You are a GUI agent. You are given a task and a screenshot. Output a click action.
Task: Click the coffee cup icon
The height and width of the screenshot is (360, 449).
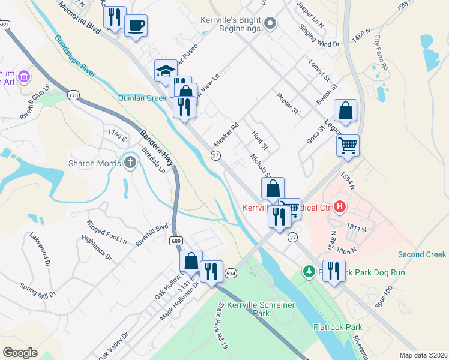click(x=136, y=26)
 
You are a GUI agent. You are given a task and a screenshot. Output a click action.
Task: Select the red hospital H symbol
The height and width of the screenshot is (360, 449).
click(x=340, y=208)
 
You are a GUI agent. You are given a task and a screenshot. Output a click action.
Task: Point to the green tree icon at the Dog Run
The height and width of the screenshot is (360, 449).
click(x=309, y=272)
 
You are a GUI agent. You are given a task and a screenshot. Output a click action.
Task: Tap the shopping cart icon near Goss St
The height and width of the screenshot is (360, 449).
click(x=348, y=146)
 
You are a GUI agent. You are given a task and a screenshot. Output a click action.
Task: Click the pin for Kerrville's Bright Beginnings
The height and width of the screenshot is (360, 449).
click(x=270, y=24)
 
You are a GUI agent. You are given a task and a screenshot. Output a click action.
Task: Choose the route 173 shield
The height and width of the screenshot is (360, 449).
click(x=74, y=95)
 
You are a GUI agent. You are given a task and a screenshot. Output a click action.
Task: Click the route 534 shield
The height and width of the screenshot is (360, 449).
click(x=231, y=273)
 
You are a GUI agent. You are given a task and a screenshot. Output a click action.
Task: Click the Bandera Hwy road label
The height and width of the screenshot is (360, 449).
click(x=157, y=148)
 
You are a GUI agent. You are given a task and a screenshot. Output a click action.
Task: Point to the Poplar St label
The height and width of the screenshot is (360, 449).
click(x=287, y=103)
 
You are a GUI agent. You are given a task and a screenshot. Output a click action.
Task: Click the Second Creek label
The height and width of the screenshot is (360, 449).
click(x=422, y=254)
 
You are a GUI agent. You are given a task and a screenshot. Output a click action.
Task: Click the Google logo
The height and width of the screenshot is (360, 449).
click(x=20, y=353)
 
